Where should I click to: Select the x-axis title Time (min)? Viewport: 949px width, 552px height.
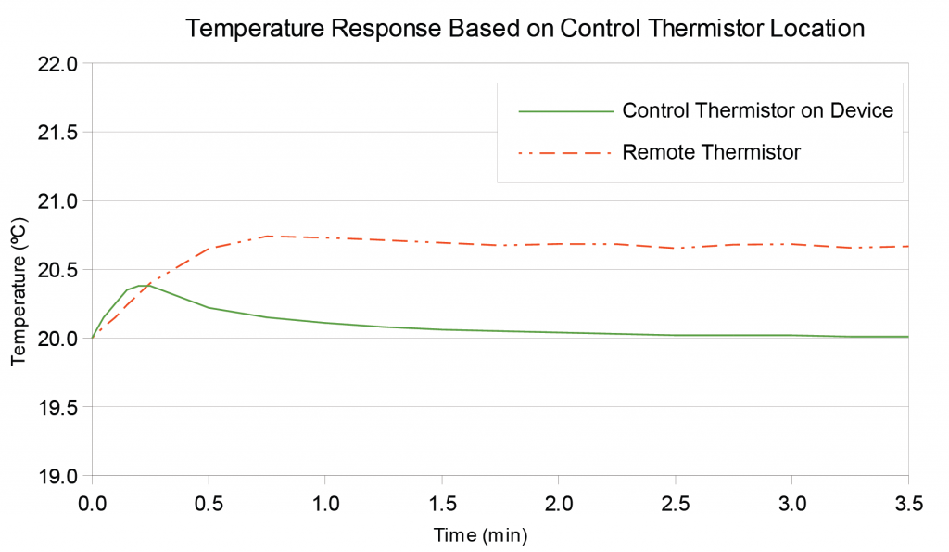click(480, 535)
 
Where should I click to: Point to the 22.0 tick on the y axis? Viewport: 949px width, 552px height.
click(60, 64)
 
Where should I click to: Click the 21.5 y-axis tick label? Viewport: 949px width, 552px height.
click(60, 133)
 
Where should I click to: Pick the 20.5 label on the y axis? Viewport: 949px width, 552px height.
click(60, 270)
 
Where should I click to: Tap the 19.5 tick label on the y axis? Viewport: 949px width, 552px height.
click(60, 407)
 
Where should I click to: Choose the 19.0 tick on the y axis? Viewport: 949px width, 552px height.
click(60, 476)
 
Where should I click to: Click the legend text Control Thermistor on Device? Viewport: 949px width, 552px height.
click(757, 111)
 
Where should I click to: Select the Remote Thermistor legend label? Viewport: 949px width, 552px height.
click(711, 152)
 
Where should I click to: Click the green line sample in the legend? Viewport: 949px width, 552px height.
click(566, 111)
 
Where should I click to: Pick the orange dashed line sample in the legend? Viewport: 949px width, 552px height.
click(566, 152)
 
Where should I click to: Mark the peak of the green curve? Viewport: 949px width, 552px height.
click(139, 285)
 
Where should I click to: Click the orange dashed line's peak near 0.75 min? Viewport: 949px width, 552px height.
click(267, 236)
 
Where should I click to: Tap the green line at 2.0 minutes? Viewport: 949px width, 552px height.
click(558, 332)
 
